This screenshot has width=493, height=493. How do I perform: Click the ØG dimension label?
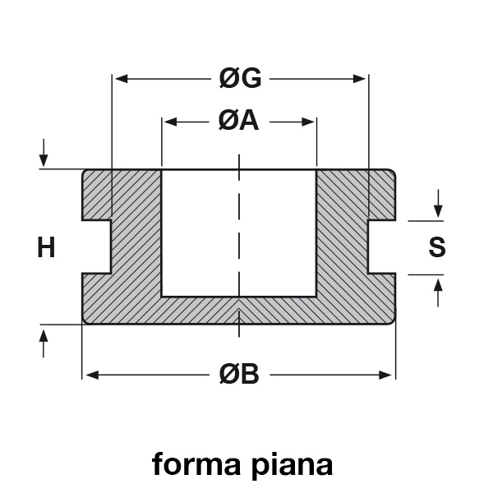pos(240,78)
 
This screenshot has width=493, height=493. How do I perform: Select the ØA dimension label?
pos(239,122)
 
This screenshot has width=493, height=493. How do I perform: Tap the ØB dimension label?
pos(239,375)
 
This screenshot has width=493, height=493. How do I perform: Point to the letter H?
pos(46,247)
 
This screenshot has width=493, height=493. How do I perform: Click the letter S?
pos(437,247)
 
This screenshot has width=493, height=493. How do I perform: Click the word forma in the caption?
pos(196,464)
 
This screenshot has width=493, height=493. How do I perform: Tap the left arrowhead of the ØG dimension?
pos(121,79)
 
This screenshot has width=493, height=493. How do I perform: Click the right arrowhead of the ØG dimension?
pos(359,79)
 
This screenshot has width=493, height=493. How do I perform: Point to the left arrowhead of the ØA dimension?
pos(170,122)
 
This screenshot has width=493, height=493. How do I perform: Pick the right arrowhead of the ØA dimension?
pos(308,122)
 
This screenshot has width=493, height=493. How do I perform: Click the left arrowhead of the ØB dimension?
pos(92,376)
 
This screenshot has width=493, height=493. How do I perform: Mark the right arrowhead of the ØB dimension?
pos(385,376)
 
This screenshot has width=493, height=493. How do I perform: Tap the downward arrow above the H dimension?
pos(44,153)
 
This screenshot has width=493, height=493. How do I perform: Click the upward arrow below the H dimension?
pos(44,343)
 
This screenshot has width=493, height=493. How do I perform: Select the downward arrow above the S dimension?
pos(438,204)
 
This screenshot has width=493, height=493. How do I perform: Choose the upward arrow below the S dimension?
pos(438,293)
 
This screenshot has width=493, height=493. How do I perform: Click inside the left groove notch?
pos(96,246)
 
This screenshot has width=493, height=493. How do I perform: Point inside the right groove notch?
pos(382,246)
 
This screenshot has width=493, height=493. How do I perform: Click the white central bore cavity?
pos(239,233)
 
